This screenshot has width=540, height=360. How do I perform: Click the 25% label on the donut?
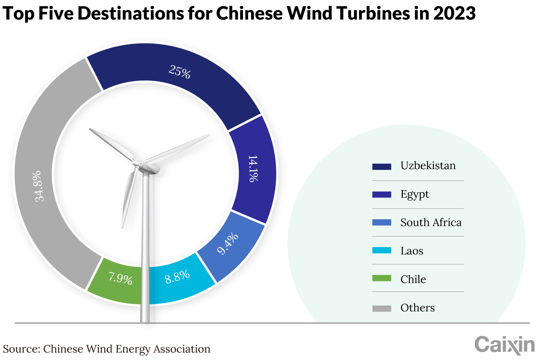click(x=180, y=72)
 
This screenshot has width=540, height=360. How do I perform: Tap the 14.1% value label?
click(x=253, y=168)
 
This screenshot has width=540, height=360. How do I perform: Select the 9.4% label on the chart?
click(x=228, y=243)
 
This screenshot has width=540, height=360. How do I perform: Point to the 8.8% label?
click(x=178, y=277)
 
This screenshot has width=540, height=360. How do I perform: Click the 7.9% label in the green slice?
click(x=121, y=278)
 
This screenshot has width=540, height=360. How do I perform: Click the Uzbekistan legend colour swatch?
click(x=382, y=167)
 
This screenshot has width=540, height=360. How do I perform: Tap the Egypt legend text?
click(x=415, y=195)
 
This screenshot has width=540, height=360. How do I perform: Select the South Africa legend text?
click(x=431, y=222)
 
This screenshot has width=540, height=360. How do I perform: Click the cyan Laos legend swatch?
click(x=382, y=250)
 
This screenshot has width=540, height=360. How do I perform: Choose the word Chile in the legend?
click(x=413, y=279)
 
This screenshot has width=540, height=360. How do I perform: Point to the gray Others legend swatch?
click(x=382, y=309)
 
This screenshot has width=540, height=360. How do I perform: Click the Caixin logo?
click(x=505, y=345)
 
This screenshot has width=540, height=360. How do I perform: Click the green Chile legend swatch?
click(x=382, y=278)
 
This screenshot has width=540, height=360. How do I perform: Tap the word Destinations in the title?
click(x=131, y=13)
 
